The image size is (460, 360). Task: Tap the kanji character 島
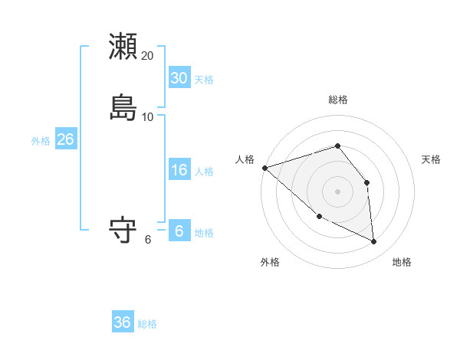(x=123, y=107)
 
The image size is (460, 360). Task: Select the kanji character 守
(x=123, y=230)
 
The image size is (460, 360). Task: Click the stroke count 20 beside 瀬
(x=148, y=56)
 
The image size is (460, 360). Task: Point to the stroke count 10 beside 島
(x=148, y=117)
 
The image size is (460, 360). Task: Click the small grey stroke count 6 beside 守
(x=148, y=240)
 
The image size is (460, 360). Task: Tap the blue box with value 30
(x=179, y=78)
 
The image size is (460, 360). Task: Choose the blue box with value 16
(x=179, y=170)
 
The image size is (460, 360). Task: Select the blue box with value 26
(x=65, y=139)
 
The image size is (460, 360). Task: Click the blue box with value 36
(x=123, y=322)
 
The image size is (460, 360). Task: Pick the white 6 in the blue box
(x=179, y=231)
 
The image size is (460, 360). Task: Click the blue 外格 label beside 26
(x=41, y=141)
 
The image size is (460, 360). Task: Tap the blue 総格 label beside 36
(x=147, y=324)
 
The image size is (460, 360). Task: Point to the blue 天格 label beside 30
(x=204, y=80)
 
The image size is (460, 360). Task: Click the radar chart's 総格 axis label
(x=338, y=100)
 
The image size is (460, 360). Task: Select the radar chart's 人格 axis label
(x=245, y=159)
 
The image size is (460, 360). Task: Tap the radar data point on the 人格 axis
(x=264, y=167)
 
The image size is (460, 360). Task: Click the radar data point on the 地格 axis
(x=374, y=242)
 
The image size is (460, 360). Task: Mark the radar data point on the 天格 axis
(x=366, y=182)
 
